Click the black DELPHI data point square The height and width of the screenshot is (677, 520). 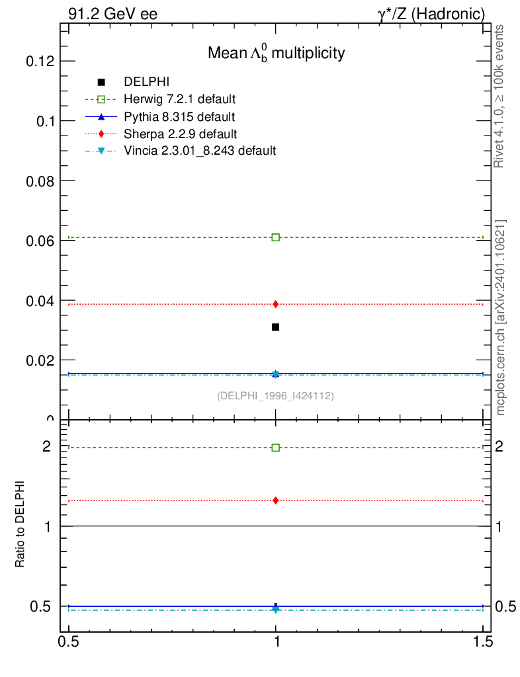[x=276, y=327]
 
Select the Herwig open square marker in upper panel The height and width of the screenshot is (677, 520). [x=276, y=237]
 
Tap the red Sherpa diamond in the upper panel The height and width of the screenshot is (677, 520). [x=276, y=304]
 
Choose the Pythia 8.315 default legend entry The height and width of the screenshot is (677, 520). [x=179, y=117]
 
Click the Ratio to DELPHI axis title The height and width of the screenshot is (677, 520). [x=21, y=524]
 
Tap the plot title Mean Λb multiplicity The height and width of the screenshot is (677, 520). [x=276, y=54]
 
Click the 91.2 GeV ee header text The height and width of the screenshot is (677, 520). [x=112, y=14]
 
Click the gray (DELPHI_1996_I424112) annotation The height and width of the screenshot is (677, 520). [x=275, y=396]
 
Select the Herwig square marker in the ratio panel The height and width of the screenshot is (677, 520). [x=276, y=448]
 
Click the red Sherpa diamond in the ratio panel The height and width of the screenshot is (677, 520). [x=276, y=500]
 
